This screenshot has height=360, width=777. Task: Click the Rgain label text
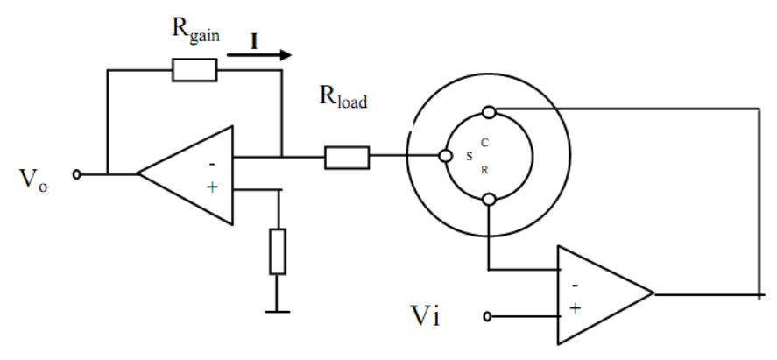coord(195,32)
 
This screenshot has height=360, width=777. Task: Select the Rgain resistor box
coord(194,70)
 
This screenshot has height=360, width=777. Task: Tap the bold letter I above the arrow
coord(254,42)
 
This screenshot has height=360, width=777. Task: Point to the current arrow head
coord(286,54)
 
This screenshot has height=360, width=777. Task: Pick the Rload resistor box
coord(347,158)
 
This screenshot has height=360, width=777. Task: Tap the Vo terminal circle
coord(76,174)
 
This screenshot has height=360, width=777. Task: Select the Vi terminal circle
coord(487,316)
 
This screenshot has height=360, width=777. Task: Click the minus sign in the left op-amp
coord(212,164)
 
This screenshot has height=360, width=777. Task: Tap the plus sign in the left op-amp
coord(212,187)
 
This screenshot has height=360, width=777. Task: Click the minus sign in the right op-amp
coord(575,286)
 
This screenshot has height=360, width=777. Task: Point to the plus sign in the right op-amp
coord(575,308)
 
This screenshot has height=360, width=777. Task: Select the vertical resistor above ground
coord(278,251)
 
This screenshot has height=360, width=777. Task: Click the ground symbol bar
coord(278,312)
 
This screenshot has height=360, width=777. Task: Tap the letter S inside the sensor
coord(470,157)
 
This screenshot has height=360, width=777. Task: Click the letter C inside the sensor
coord(484,143)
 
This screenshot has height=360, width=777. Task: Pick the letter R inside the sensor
coord(484,170)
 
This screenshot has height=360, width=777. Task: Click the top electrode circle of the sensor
coord(489,112)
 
